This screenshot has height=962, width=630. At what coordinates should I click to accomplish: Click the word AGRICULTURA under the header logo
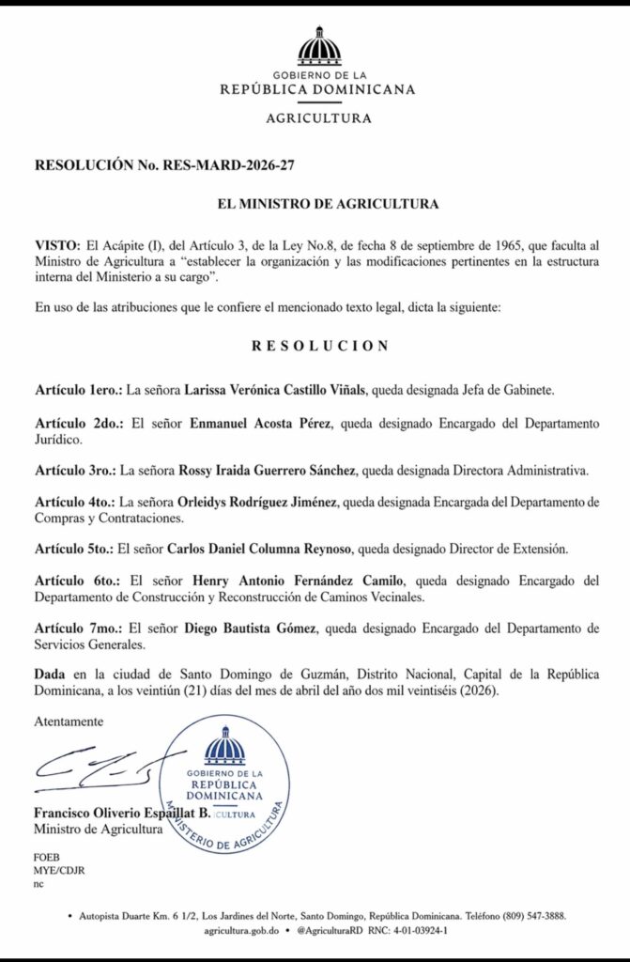(318, 118)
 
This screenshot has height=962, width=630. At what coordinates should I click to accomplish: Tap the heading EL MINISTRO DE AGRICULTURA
(315, 203)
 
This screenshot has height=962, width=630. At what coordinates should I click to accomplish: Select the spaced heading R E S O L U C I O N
(319, 345)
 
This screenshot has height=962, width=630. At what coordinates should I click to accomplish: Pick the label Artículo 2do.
(72, 424)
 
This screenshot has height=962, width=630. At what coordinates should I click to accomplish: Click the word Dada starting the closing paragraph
(52, 674)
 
